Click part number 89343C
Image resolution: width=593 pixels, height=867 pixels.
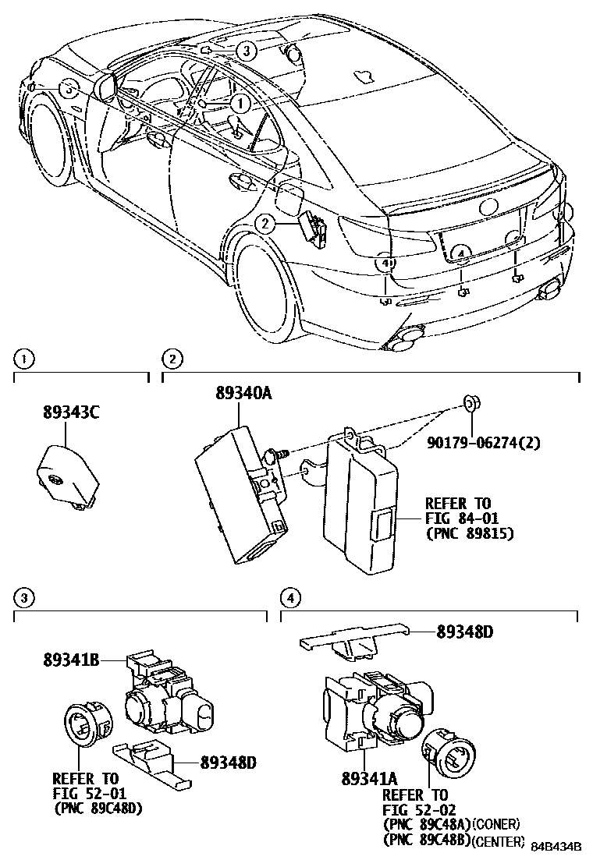click(x=71, y=414)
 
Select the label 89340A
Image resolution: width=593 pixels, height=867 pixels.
click(x=243, y=395)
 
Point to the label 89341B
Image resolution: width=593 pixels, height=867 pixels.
click(x=70, y=660)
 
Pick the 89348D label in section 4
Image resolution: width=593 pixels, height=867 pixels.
click(x=465, y=632)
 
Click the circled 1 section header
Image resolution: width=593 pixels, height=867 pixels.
click(x=25, y=359)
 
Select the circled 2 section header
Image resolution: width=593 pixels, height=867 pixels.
click(x=172, y=359)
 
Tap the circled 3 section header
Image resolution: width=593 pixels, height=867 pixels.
click(x=25, y=598)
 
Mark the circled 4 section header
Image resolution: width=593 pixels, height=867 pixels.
click(x=289, y=598)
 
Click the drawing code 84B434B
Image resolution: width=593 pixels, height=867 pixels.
click(x=557, y=847)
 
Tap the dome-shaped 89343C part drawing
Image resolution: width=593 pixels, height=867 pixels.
click(x=67, y=473)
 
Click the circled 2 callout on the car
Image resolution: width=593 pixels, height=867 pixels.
click(x=265, y=224)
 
